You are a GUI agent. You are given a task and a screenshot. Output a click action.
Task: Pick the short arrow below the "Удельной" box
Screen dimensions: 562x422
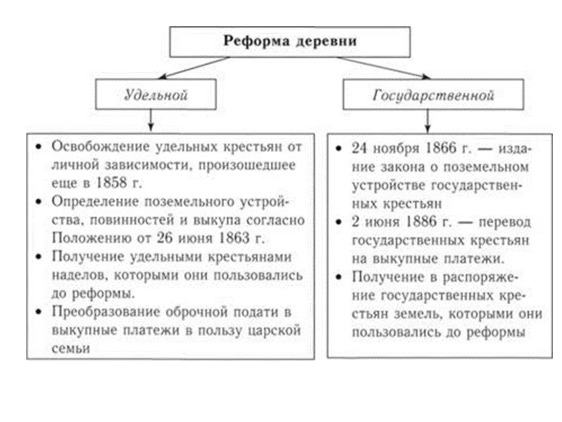click(x=151, y=121)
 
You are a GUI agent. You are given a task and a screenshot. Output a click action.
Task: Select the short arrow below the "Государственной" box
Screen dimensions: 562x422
click(x=427, y=121)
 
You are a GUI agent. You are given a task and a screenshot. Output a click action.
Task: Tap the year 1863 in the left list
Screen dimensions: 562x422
click(x=233, y=238)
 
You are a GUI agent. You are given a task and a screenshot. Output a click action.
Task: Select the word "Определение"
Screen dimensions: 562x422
click(x=95, y=202)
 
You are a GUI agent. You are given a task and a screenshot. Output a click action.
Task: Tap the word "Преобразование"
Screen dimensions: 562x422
click(x=106, y=312)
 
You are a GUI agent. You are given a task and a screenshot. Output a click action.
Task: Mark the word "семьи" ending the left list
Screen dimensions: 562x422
click(x=70, y=348)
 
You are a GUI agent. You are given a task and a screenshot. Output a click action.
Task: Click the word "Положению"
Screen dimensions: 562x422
click(x=92, y=238)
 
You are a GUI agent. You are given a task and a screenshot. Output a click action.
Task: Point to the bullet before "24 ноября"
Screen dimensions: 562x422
click(x=339, y=148)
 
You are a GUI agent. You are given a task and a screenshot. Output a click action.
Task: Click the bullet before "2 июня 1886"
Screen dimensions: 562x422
click(x=339, y=222)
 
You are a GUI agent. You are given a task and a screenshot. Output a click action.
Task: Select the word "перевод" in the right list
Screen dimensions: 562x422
click(x=504, y=222)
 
